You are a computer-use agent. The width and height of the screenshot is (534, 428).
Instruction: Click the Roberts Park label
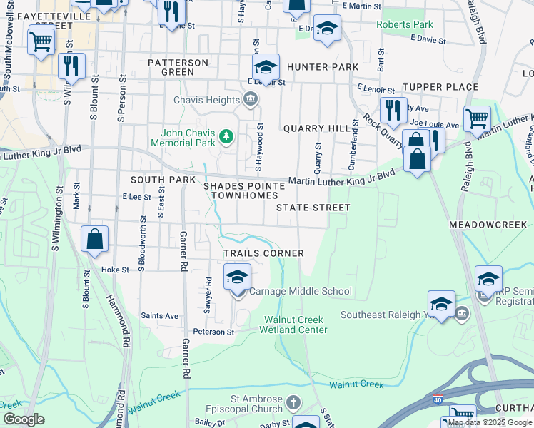[x=405, y=24]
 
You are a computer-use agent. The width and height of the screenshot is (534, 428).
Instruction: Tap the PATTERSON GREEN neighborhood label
[x=178, y=67]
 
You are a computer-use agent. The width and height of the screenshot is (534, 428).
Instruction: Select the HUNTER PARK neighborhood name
[x=322, y=67]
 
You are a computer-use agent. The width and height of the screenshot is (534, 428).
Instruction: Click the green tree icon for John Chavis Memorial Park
[x=226, y=136]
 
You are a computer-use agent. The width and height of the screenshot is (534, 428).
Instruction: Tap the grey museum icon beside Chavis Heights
[x=250, y=99]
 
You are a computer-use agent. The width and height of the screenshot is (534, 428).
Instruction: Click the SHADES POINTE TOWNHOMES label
[x=245, y=190]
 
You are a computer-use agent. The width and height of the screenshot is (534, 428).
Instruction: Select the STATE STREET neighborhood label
[x=313, y=208]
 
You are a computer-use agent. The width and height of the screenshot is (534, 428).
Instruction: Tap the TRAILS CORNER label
[x=263, y=253]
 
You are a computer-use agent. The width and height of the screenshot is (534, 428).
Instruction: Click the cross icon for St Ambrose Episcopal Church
[x=293, y=404]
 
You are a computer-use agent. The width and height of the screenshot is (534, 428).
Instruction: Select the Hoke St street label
[x=115, y=270]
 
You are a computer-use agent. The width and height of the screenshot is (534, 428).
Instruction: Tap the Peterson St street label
[x=213, y=332]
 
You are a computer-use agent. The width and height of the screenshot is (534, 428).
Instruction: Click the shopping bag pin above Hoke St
[x=95, y=240]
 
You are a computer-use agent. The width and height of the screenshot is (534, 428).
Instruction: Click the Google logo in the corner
[x=24, y=419]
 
